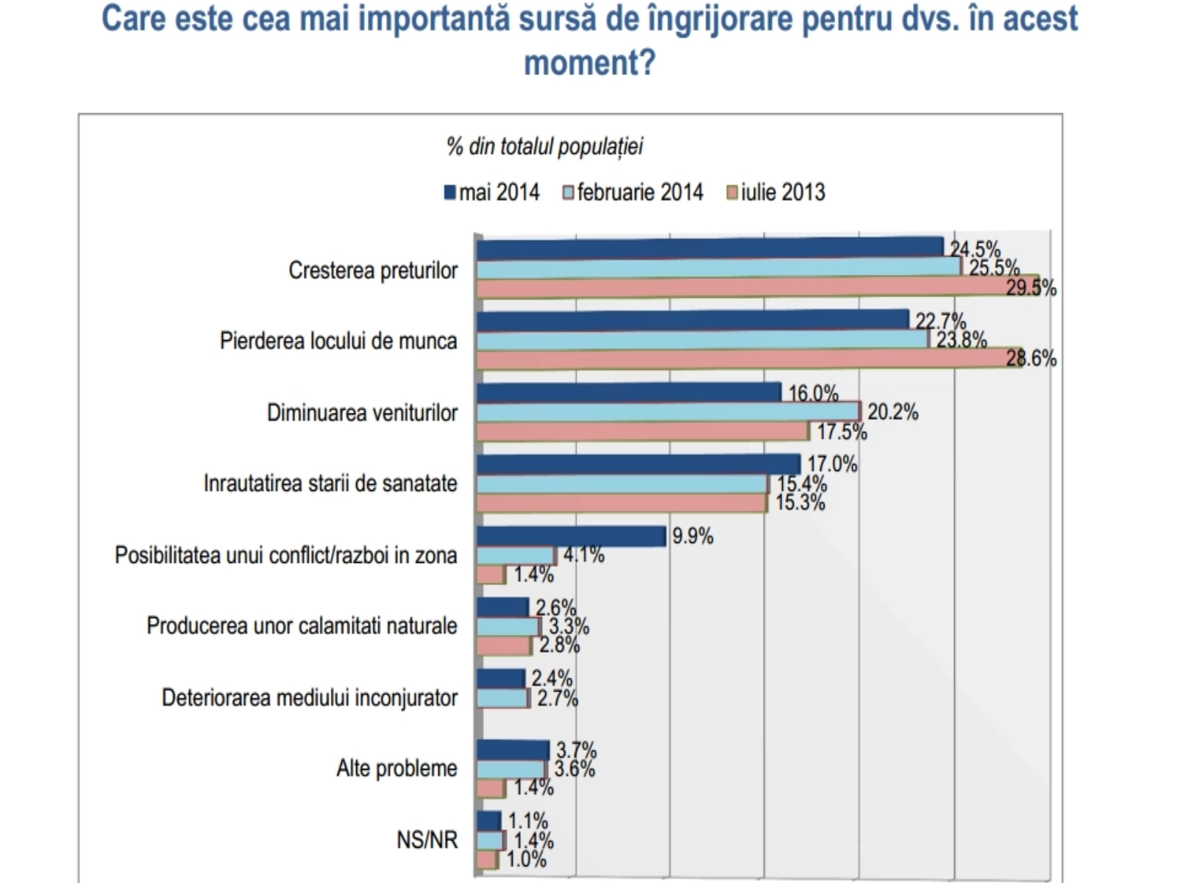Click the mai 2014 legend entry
pyautogui.click(x=492, y=193)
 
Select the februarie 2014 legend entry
pyautogui.click(x=633, y=193)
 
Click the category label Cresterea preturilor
pyautogui.click(x=373, y=271)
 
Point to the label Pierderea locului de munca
pyautogui.click(x=338, y=341)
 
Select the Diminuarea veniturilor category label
pyautogui.click(x=362, y=413)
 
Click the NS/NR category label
pyautogui.click(x=427, y=840)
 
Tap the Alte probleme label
pyautogui.click(x=397, y=768)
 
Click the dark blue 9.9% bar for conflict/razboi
pyautogui.click(x=571, y=536)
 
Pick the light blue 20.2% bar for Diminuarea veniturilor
pyautogui.click(x=667, y=412)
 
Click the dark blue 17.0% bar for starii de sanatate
pyautogui.click(x=638, y=465)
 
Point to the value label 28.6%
pyautogui.click(x=1031, y=359)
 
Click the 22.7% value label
pyautogui.click(x=940, y=322)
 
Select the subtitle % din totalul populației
pyautogui.click(x=544, y=146)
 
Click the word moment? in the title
pyautogui.click(x=589, y=63)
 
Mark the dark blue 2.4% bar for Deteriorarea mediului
pyautogui.click(x=500, y=678)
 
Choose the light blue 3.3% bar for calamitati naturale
pyautogui.click(x=508, y=627)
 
